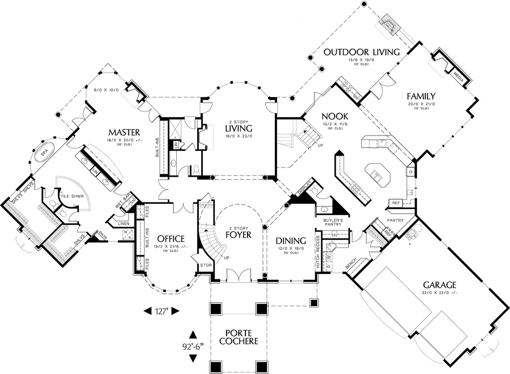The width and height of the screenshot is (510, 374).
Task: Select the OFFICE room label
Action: pos(170,239)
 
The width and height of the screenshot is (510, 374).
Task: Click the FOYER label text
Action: pos(238,234)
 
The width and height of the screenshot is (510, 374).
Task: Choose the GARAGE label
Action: pos(439,285)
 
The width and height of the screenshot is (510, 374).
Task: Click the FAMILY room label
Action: pos(421,96)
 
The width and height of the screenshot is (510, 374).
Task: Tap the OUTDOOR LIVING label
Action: pos(362,52)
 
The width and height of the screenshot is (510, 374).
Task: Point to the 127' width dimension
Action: pos(161,311)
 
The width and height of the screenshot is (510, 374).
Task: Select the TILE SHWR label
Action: pos(71,195)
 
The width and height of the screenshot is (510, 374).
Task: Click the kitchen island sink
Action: pos(374,175)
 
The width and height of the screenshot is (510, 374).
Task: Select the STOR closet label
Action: pos(205,265)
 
